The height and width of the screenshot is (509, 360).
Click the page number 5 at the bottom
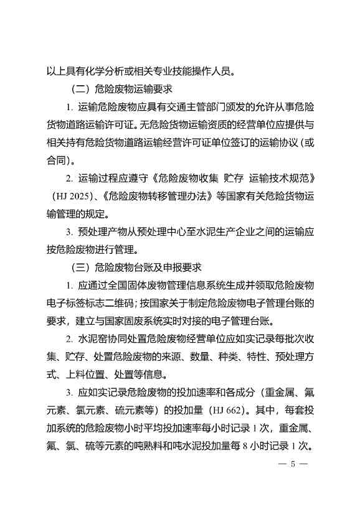[291, 464]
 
